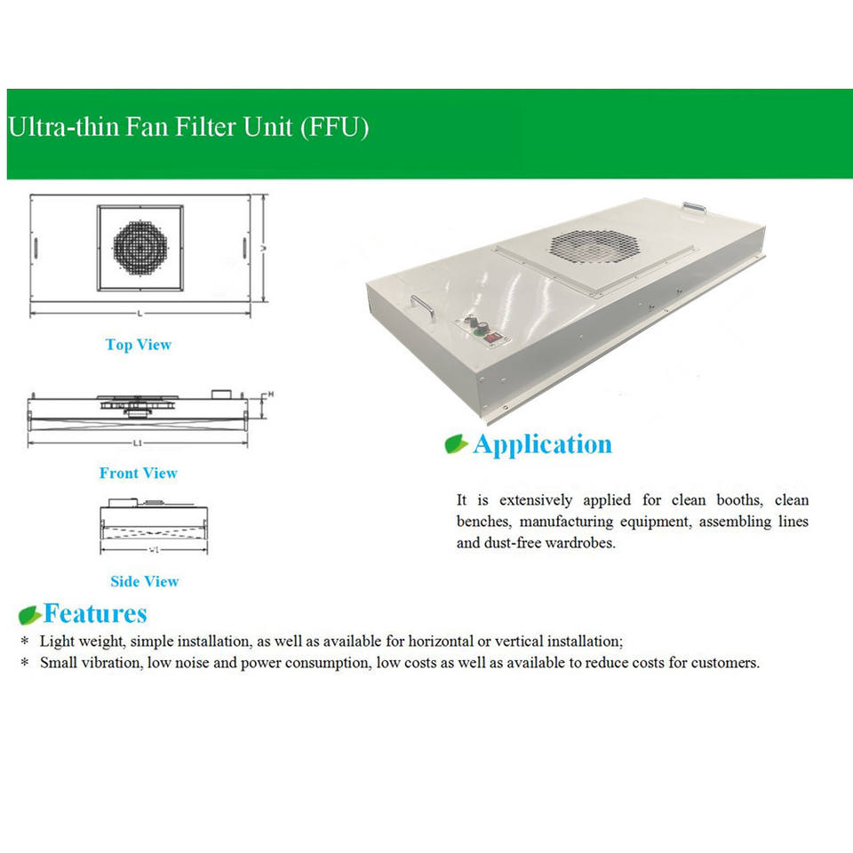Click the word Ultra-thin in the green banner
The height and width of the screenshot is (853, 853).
[64, 127]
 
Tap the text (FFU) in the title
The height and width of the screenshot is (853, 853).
[335, 128]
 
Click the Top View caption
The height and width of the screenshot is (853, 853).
[139, 345]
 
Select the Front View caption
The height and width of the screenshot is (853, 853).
[139, 473]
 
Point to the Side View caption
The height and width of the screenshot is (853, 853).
[144, 581]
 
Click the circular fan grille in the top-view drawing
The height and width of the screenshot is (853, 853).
[140, 248]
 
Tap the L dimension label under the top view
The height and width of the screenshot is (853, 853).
[140, 314]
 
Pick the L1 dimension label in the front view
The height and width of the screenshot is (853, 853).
[138, 442]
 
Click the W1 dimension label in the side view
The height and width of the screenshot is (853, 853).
[154, 550]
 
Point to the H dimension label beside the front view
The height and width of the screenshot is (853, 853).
[270, 394]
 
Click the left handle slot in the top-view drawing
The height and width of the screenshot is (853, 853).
[36, 248]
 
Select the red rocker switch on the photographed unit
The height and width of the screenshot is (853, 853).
[491, 338]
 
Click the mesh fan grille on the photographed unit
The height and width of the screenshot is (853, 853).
[594, 246]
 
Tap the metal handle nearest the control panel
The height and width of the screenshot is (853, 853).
[422, 307]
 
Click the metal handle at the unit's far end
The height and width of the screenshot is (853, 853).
[695, 208]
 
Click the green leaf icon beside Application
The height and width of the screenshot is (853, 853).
[456, 444]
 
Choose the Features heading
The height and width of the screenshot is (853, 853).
[95, 613]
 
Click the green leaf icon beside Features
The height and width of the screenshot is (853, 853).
[29, 615]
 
